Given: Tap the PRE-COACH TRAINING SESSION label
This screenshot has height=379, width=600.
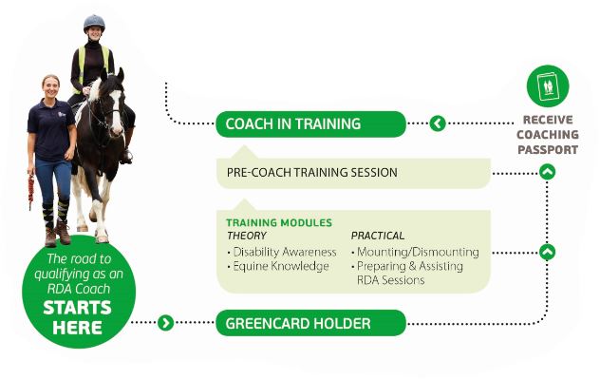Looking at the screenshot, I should point(311,173).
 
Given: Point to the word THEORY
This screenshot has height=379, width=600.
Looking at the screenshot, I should point(246,236).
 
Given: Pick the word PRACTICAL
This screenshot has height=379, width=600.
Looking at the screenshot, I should point(378,236).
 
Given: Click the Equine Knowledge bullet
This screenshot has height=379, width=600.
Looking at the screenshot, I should point(276,266).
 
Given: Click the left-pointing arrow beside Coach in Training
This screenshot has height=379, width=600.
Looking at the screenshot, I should point(438,123).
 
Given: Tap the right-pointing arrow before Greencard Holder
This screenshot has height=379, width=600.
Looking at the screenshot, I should point(166,323).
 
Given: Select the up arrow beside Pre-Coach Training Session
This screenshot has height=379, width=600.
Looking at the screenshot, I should point(547,172).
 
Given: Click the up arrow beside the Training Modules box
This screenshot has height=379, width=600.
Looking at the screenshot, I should point(547,252).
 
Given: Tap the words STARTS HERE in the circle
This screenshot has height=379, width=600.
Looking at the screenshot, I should point(77,317).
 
